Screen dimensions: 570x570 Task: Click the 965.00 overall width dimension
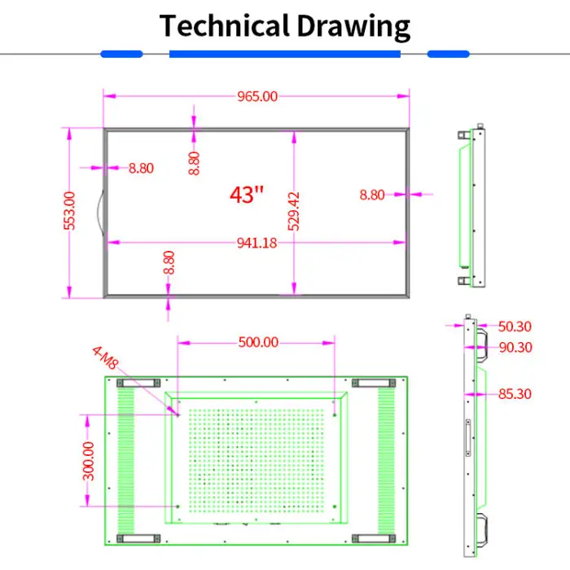click(257, 97)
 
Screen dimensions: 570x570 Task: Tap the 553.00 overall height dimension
click(69, 211)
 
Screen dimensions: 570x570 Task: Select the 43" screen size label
click(247, 195)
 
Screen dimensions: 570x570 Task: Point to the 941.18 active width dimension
click(256, 243)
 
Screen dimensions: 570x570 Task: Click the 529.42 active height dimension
click(293, 211)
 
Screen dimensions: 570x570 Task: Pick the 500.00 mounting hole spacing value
click(258, 343)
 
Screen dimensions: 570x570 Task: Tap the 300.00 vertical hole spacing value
click(88, 462)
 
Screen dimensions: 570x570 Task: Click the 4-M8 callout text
click(105, 357)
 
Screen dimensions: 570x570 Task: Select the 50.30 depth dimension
click(515, 327)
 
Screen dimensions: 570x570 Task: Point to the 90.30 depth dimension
click(515, 348)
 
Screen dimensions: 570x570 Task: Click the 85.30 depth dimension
click(515, 393)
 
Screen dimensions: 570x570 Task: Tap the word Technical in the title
click(224, 26)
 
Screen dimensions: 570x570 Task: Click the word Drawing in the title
click(353, 27)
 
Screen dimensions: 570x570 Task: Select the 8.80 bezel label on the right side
click(372, 195)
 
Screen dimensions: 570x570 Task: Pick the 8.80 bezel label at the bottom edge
click(169, 262)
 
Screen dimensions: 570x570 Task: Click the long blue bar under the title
click(285, 55)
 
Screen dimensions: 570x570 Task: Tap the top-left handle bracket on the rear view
click(138, 383)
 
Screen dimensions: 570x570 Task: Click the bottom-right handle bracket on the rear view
click(374, 538)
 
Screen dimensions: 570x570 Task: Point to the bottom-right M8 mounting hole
click(335, 506)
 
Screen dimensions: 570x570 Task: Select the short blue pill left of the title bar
click(121, 55)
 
